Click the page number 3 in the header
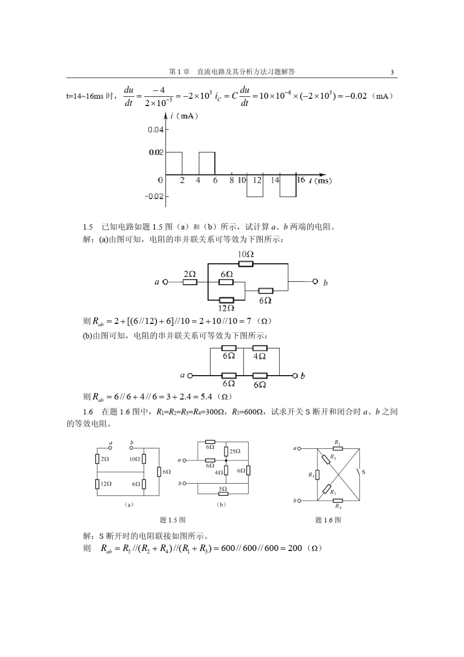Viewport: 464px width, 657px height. [392, 72]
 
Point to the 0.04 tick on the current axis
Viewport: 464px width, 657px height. [156, 129]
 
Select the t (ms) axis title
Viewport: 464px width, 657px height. [320, 181]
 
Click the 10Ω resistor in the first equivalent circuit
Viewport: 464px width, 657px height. [246, 264]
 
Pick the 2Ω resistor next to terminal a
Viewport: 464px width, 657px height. [190, 282]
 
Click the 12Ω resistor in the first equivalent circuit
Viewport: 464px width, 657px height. [226, 300]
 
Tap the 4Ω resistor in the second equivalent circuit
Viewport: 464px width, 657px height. [260, 348]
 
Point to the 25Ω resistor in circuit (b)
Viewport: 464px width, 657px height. [226, 451]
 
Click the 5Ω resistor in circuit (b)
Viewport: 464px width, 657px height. [223, 493]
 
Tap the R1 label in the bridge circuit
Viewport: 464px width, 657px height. [337, 442]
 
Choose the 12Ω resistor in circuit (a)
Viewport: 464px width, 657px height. [98, 484]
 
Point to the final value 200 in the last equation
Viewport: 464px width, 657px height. [295, 548]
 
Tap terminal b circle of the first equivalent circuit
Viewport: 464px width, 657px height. [315, 282]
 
